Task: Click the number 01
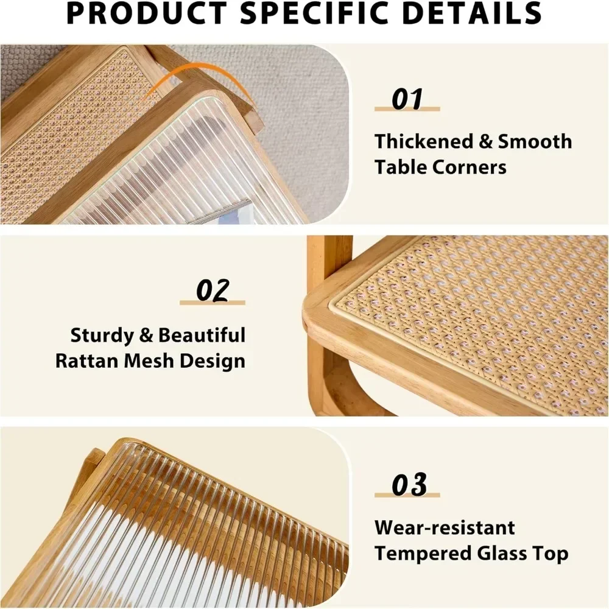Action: [407, 99]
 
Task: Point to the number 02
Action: [213, 290]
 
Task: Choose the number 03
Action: [409, 485]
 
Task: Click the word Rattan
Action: [88, 361]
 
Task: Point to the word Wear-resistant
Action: [445, 527]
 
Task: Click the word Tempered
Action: [427, 554]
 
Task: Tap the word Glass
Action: [508, 554]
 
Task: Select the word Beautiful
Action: [202, 336]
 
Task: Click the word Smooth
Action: [535, 142]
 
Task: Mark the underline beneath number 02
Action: [213, 303]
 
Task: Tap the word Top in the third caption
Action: [554, 554]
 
